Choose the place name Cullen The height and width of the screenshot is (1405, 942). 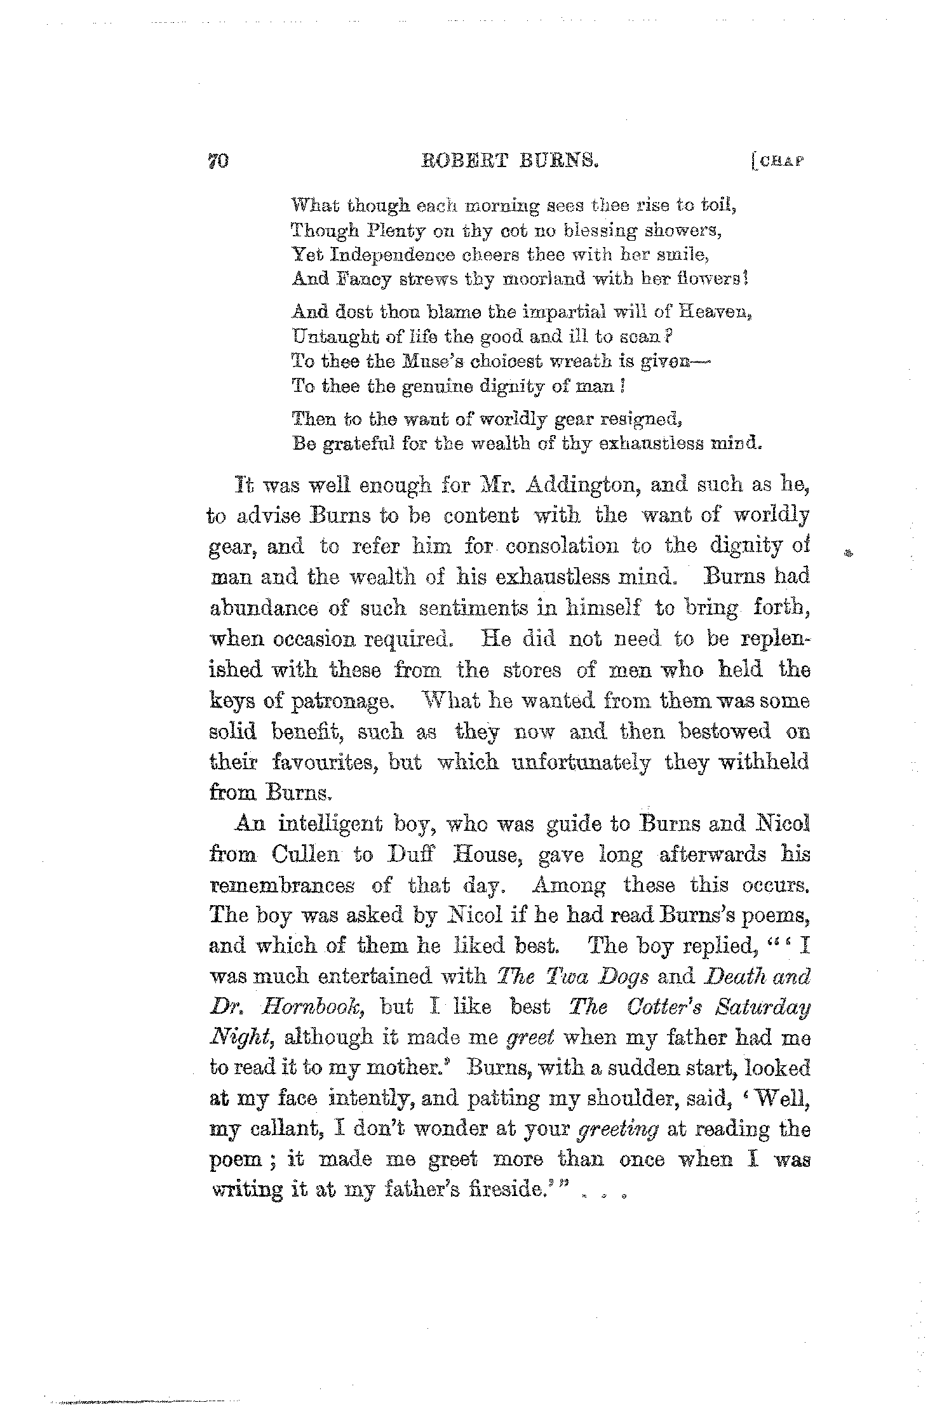(x=309, y=855)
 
